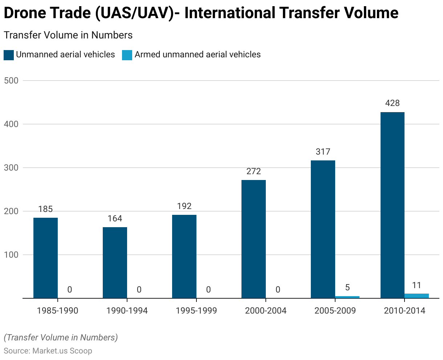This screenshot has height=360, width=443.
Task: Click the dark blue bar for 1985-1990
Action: [x=45, y=258]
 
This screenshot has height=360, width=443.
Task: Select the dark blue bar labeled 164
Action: [x=115, y=262]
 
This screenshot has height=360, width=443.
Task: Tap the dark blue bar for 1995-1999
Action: [x=184, y=256]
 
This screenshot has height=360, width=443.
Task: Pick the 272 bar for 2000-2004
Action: [x=253, y=239]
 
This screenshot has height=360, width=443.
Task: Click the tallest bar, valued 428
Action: [x=392, y=205]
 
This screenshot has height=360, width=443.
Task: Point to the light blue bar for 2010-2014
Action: [x=416, y=296]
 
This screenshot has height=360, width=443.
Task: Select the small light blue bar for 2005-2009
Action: [x=347, y=297]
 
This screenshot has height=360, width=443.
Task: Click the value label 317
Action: [x=323, y=152]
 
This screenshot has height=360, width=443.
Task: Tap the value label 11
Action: [x=416, y=285]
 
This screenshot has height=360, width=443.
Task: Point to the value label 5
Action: [x=347, y=287]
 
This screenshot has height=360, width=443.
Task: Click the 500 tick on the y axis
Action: [x=11, y=81]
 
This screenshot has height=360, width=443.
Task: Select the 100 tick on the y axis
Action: [x=11, y=255]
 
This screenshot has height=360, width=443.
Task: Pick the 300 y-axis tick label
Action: [x=11, y=168]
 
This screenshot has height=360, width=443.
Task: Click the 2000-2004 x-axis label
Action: [x=265, y=311]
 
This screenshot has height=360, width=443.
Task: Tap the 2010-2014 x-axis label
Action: [x=404, y=311]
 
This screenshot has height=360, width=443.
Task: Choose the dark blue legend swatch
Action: [x=8, y=55]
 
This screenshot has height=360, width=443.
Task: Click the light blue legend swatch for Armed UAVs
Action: [x=127, y=55]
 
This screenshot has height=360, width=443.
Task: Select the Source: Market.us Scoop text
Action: [x=48, y=351]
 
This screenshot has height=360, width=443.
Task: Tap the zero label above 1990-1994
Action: [x=139, y=290]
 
